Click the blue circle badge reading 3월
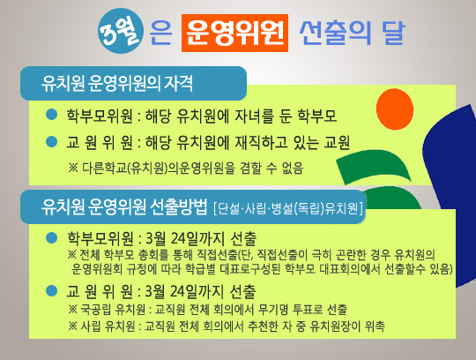click(x=121, y=31)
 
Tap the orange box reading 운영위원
click(x=234, y=33)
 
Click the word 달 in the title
click(x=393, y=33)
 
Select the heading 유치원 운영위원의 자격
click(x=117, y=83)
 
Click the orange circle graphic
click(x=395, y=109)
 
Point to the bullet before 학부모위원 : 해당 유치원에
click(x=52, y=115)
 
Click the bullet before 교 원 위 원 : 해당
click(x=52, y=141)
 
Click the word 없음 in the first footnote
click(x=293, y=168)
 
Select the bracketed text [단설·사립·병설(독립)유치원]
click(x=288, y=208)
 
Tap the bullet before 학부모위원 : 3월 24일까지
click(x=52, y=238)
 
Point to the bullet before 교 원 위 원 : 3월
click(x=52, y=290)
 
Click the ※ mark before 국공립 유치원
click(x=73, y=310)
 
